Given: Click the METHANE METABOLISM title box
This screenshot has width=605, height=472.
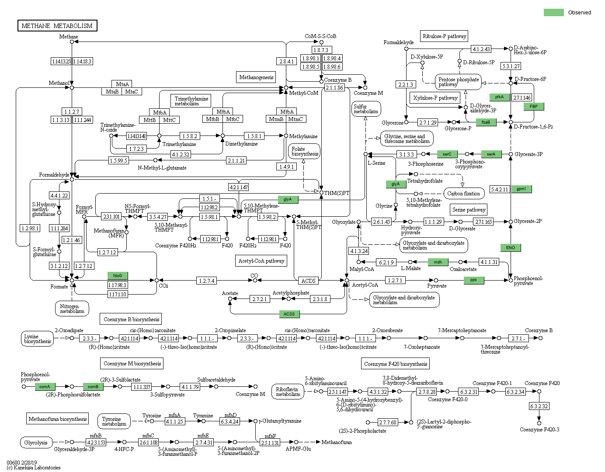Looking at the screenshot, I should [57, 26].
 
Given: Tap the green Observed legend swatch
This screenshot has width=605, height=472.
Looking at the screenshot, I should [553, 12].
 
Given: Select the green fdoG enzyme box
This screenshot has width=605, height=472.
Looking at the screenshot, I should [118, 276].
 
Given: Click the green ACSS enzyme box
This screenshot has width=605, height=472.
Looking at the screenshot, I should [289, 314].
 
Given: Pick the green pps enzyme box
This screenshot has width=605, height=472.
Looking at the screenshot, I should [474, 280].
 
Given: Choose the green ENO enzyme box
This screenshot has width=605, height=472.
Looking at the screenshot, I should [511, 248].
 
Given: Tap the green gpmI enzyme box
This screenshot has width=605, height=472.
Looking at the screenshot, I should [521, 189].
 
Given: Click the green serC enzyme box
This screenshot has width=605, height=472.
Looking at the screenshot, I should [447, 154].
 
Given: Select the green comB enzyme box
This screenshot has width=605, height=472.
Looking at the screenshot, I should [93, 387].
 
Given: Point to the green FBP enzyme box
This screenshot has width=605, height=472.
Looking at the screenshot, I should [533, 107].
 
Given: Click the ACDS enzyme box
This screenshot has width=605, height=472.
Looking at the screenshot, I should [309, 281].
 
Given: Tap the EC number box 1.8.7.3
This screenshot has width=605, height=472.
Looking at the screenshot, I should [321, 50].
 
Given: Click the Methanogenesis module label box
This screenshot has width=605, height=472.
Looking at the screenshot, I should [256, 77].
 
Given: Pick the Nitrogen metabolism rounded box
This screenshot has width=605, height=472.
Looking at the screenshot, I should [72, 309].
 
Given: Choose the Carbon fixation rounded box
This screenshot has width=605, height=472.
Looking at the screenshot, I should [463, 194].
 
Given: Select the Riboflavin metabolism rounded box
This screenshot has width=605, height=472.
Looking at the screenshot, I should [288, 392].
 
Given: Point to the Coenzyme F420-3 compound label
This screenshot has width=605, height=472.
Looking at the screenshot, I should [539, 430].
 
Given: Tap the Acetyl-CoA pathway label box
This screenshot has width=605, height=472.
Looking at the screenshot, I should [261, 261].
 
